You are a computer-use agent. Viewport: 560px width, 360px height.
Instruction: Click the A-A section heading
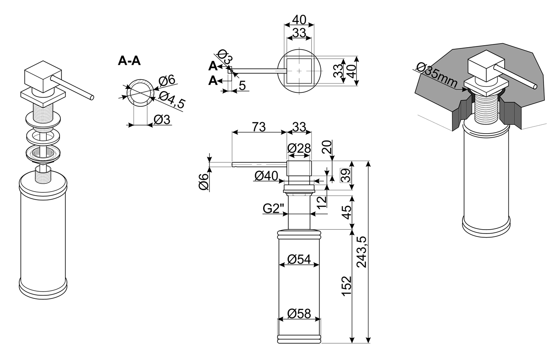click(129, 61)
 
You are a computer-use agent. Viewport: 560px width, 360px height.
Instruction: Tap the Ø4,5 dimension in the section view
click(172, 100)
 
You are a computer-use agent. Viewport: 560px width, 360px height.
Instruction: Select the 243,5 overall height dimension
click(361, 252)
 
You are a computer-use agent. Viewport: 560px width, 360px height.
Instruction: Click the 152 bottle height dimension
click(347, 286)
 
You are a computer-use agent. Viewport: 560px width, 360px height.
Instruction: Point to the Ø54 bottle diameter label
click(299, 259)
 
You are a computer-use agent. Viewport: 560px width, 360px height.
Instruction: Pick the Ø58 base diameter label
click(299, 314)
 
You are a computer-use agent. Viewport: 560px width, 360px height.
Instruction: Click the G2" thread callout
click(274, 208)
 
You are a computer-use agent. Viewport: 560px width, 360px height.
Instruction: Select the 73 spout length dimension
click(258, 127)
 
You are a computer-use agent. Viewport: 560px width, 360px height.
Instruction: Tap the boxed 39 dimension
click(346, 175)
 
